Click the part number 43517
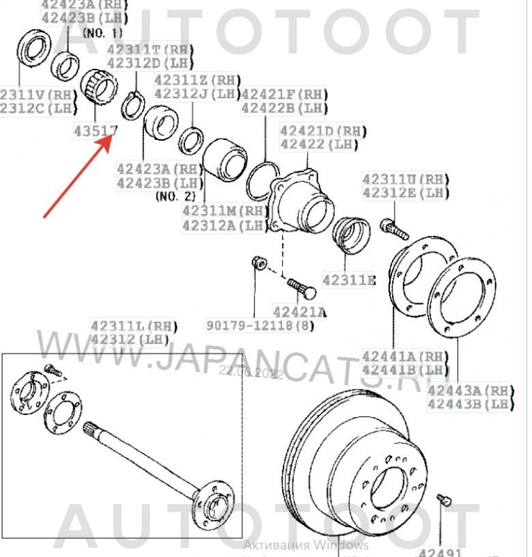click(x=95, y=130)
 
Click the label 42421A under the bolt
click(x=299, y=311)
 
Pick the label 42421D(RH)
click(x=323, y=131)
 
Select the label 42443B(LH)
click(x=471, y=403)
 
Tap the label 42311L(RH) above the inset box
click(x=134, y=325)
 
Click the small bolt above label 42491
click(x=444, y=500)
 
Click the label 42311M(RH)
click(x=225, y=210)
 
